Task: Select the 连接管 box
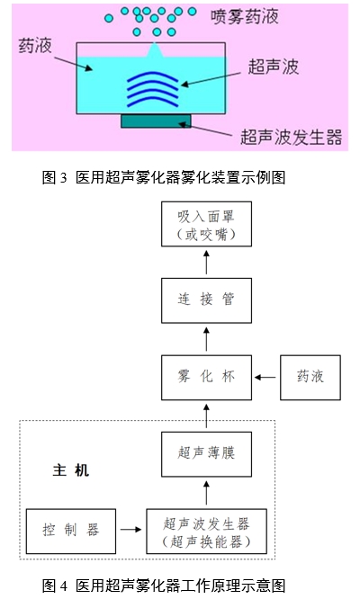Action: point(206,300)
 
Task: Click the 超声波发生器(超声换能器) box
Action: point(206,532)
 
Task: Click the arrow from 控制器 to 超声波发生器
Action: point(130,532)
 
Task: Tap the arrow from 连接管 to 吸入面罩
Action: point(206,264)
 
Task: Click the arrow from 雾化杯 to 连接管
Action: point(206,340)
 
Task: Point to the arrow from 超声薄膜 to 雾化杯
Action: point(206,416)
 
